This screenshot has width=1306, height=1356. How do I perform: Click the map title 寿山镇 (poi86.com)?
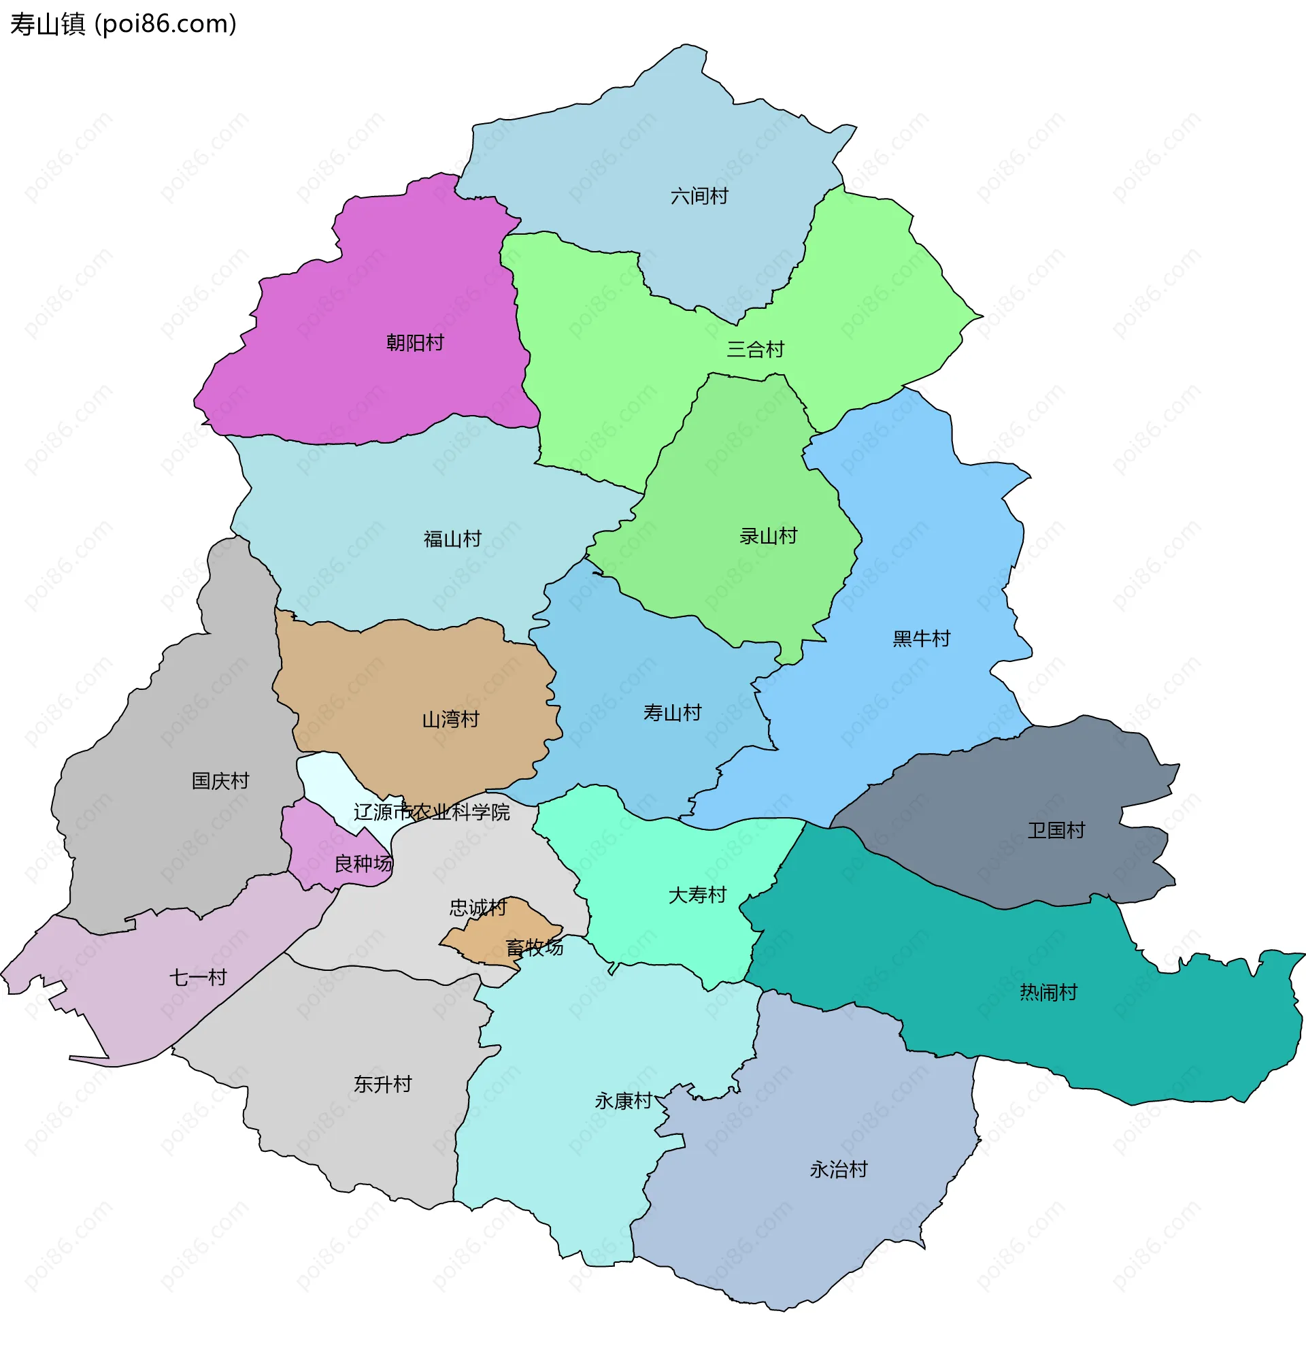pyautogui.click(x=123, y=24)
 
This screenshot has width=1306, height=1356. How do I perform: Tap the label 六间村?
pyautogui.click(x=699, y=197)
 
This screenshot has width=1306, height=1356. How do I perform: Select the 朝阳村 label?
pyautogui.click(x=415, y=342)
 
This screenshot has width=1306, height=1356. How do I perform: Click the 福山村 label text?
pyautogui.click(x=452, y=539)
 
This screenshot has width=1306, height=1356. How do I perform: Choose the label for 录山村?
pyautogui.click(x=769, y=536)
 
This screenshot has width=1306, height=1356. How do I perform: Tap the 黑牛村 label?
pyautogui.click(x=922, y=639)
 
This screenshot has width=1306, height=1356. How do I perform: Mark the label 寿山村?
pyautogui.click(x=672, y=712)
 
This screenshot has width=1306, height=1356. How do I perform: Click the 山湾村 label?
pyautogui.click(x=451, y=720)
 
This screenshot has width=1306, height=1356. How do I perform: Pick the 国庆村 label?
pyautogui.click(x=220, y=781)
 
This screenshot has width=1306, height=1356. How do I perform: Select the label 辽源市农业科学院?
pyautogui.click(x=432, y=812)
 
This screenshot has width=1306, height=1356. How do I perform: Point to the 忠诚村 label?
pyautogui.click(x=478, y=908)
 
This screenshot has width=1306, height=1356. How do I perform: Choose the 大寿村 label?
pyautogui.click(x=697, y=895)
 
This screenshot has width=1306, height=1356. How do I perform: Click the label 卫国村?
pyautogui.click(x=1056, y=830)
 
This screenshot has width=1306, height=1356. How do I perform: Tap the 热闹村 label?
pyautogui.click(x=1049, y=993)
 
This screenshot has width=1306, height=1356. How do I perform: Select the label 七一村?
pyautogui.click(x=199, y=978)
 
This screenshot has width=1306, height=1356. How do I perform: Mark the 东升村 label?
pyautogui.click(x=382, y=1084)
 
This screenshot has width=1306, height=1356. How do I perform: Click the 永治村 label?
pyautogui.click(x=839, y=1169)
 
